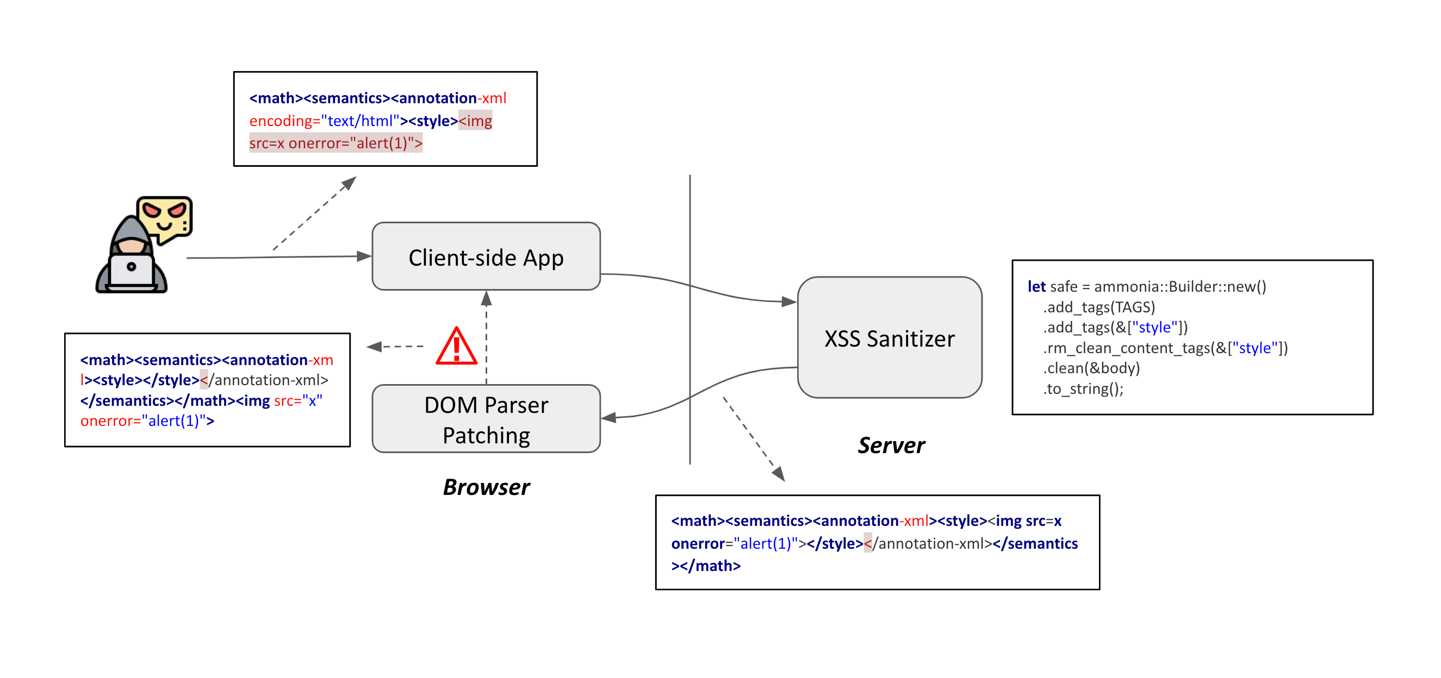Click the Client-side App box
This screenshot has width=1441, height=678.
point(486,256)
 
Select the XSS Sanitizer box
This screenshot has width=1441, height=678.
point(889,337)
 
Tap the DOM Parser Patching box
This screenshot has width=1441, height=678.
point(486,419)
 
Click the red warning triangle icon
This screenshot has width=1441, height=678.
point(456,347)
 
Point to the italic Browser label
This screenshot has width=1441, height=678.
point(486,487)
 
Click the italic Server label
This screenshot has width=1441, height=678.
point(891,445)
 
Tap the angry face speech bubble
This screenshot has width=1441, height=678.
point(164,217)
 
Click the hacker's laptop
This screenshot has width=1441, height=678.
point(132,271)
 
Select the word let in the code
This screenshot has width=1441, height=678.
point(1036,287)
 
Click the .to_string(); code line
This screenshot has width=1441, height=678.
point(1083,388)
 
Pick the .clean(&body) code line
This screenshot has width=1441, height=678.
point(1091,368)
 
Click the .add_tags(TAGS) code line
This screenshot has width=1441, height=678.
point(1098,307)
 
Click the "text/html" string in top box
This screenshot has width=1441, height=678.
point(359,121)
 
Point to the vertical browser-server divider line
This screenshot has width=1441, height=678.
point(690,318)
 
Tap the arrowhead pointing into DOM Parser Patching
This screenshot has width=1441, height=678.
point(608,418)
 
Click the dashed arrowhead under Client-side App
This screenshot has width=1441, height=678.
point(486,298)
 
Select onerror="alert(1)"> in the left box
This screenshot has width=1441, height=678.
point(147,420)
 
